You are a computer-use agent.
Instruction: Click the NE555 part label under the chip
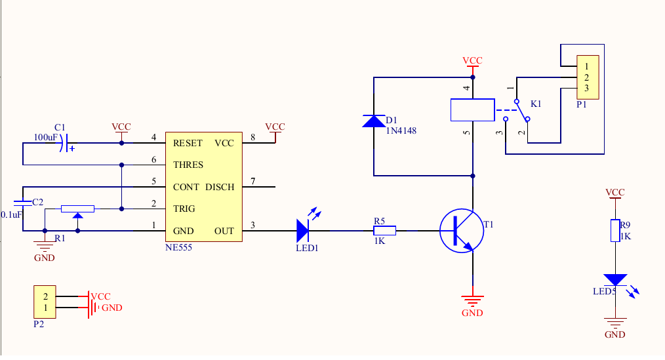pos(178,248)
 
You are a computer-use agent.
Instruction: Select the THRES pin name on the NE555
pos(188,165)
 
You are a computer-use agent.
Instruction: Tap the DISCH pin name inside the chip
pos(220,187)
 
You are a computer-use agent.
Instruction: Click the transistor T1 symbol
pos(462,231)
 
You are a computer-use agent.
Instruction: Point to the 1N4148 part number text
pos(401,131)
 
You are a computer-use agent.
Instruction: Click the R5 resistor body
pos(385,231)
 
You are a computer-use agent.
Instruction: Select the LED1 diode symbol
pos(303,231)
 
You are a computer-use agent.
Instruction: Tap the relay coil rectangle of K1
pos(472,110)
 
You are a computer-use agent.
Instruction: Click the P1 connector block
pos(588,77)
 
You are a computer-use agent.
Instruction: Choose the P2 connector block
pos(45,302)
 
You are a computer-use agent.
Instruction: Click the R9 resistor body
pos(615,231)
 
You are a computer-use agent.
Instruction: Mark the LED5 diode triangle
pos(615,280)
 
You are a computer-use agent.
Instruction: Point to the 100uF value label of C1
pos(46,138)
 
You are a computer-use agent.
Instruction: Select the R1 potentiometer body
pos(77,209)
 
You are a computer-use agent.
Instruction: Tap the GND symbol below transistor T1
pos(472,301)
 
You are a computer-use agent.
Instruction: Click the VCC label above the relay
pos(472,60)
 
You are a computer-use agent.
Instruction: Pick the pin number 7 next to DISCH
pos(253,182)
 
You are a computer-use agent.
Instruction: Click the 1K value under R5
pos(380,241)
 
